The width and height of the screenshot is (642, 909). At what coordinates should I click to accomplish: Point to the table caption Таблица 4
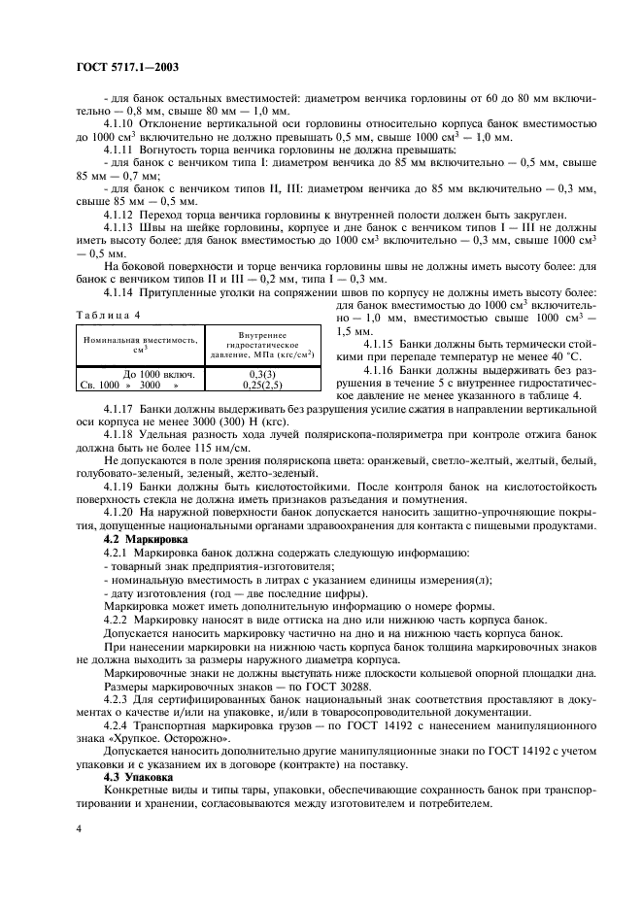(108, 316)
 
